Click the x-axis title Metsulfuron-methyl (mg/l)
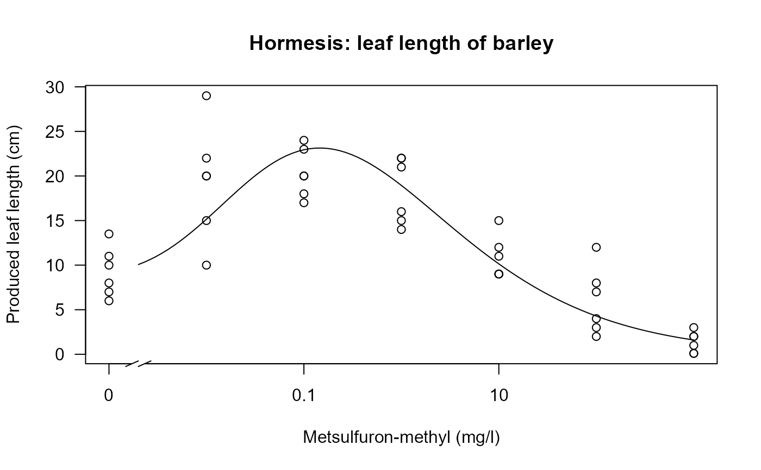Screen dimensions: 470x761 pos(401,437)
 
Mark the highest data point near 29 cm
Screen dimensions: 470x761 pos(206,96)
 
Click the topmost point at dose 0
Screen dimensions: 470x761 pos(109,234)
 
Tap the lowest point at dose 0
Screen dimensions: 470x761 pos(109,301)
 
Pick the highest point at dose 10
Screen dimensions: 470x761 pos(498,220)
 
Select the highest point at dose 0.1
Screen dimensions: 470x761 pos(304,140)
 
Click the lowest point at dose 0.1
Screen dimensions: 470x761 pos(304,202)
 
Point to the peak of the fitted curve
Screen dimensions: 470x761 pos(319,148)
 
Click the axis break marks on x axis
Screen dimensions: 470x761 pos(138,363)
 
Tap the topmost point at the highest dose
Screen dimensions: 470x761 pos(694,327)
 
